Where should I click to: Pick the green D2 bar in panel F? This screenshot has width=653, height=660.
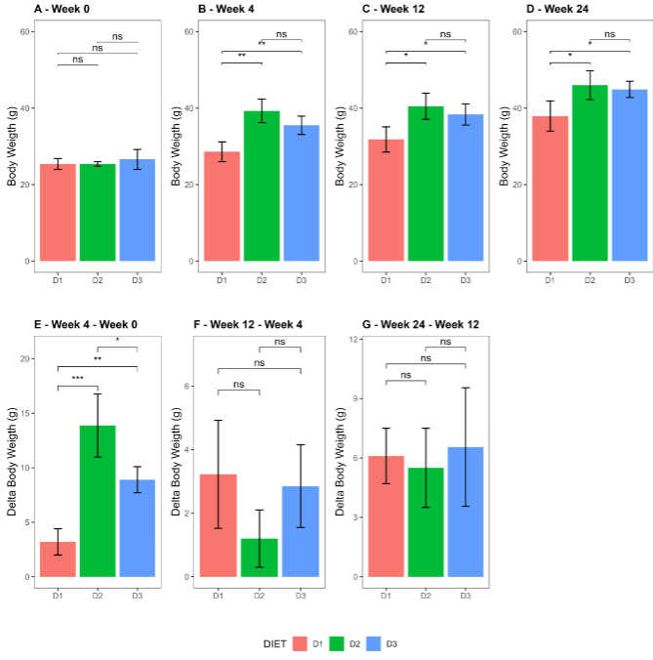260,557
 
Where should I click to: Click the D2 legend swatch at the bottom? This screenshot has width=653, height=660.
337,643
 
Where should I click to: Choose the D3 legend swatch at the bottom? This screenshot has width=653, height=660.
374,643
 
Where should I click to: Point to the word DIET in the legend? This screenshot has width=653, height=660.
274,644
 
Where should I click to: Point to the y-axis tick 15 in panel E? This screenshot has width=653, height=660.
26,413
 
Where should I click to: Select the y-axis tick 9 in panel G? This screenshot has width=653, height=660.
355,398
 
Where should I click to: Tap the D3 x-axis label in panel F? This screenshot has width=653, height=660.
301,595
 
